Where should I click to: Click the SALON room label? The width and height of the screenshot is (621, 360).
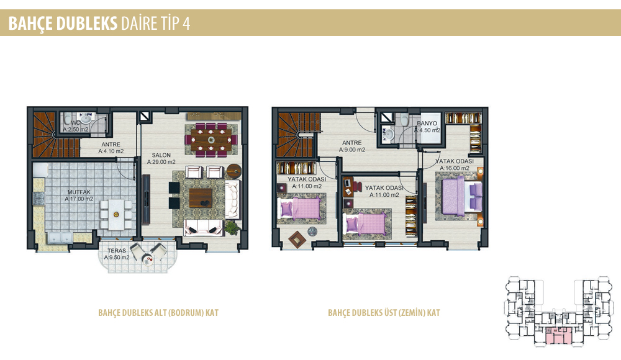[161, 155]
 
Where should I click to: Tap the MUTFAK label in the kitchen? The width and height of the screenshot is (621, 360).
[79, 192]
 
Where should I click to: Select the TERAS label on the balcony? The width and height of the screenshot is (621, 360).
[117, 251]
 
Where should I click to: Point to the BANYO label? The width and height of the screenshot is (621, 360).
[427, 124]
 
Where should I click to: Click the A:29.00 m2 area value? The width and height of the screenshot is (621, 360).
[161, 162]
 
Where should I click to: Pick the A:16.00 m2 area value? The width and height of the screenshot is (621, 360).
[455, 168]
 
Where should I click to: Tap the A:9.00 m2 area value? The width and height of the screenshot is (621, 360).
[352, 150]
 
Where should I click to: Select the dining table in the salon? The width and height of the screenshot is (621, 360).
[211, 140]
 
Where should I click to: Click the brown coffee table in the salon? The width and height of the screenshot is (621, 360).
[201, 198]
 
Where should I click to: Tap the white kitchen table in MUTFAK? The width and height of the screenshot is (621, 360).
[116, 214]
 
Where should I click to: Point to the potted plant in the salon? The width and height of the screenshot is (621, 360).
[232, 228]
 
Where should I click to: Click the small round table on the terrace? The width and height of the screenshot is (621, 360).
[148, 260]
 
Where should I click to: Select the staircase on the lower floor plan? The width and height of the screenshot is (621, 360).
[51, 135]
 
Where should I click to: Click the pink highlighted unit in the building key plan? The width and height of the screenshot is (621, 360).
[559, 335]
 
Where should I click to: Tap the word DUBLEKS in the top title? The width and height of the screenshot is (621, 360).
[87, 24]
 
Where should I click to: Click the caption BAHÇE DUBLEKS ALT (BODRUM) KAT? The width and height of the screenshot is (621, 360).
[158, 313]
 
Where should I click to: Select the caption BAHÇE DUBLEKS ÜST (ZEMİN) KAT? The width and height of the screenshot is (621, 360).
[384, 313]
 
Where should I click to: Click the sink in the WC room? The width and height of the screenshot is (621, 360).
[86, 118]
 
